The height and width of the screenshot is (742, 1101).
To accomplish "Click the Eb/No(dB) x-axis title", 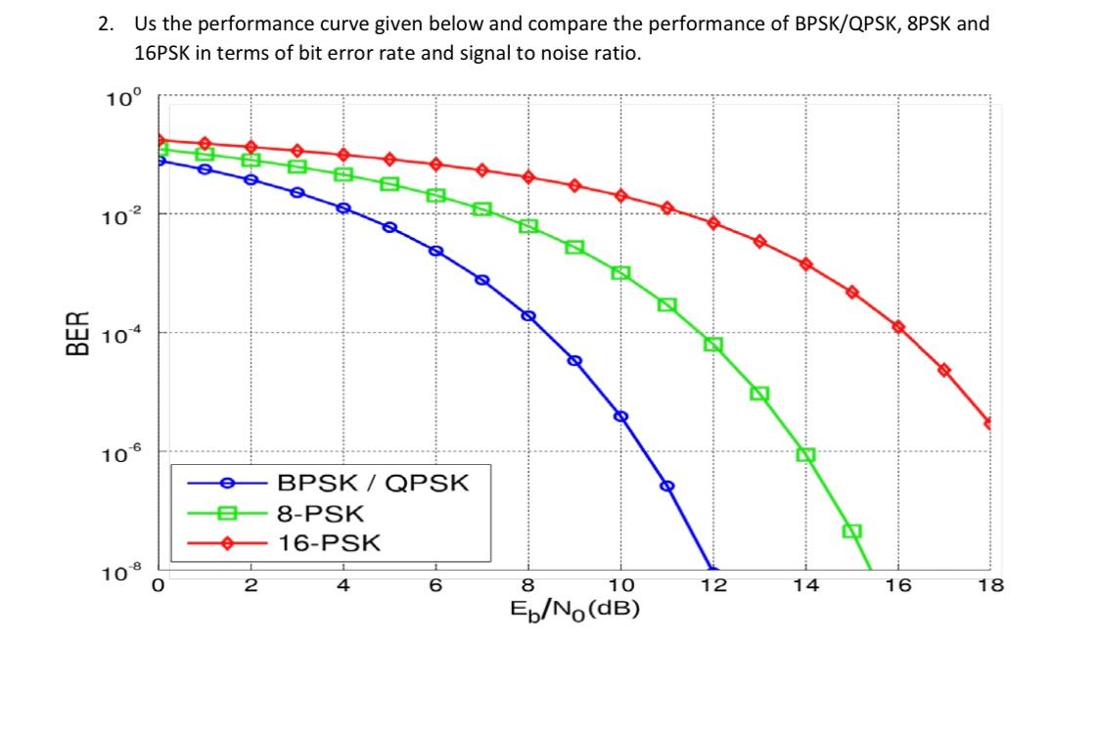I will (574, 609).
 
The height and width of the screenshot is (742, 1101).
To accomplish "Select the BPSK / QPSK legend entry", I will (373, 483).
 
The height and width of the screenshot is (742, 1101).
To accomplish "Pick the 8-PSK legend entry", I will (321, 513).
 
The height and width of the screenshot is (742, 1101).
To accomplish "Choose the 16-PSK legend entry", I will (329, 543).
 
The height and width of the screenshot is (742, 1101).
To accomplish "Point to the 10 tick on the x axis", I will (620, 586).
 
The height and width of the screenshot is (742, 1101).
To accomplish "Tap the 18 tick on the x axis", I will (989, 586).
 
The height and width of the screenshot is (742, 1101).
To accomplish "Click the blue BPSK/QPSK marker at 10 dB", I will (620, 416).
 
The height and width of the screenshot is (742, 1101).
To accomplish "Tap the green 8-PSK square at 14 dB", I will (806, 455).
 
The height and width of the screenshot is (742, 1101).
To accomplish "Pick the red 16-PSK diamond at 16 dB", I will (898, 326).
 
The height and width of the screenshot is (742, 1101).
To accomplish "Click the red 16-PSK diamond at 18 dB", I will (989, 423).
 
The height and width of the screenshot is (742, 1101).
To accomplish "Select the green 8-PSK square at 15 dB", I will (851, 531).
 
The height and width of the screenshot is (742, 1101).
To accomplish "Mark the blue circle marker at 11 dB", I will (667, 486).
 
